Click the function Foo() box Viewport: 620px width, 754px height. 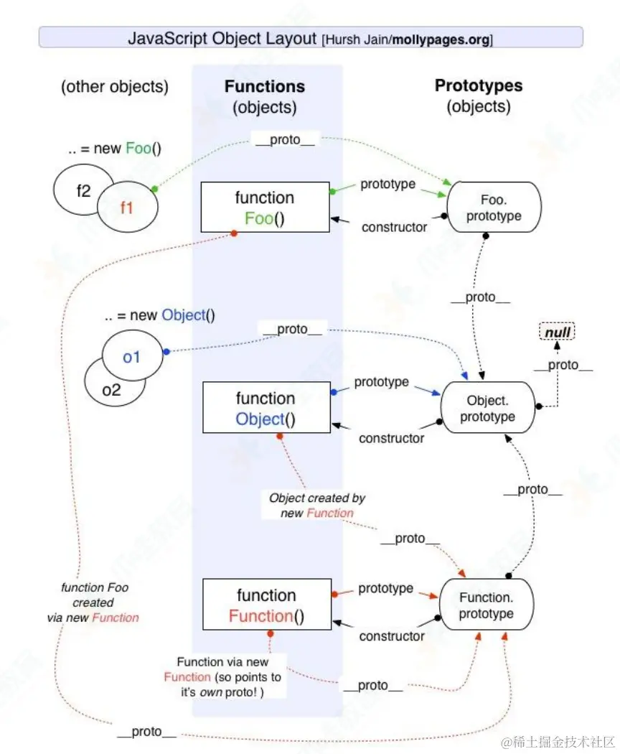click(x=265, y=208)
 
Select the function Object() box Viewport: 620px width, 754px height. click(x=266, y=408)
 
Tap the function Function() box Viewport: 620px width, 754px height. click(x=266, y=605)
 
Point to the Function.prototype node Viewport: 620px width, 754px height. click(x=487, y=605)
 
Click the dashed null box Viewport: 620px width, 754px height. click(x=556, y=332)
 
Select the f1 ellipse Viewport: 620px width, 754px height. click(x=127, y=208)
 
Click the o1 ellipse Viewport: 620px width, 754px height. click(x=131, y=355)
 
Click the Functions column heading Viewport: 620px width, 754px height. click(x=265, y=87)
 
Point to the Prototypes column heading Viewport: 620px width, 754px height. click(x=479, y=86)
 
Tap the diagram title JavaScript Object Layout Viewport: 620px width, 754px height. click(x=223, y=38)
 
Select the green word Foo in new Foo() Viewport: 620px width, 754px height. click(x=138, y=149)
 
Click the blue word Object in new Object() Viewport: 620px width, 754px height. click(x=183, y=315)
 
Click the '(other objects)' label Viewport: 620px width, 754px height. click(x=115, y=87)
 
